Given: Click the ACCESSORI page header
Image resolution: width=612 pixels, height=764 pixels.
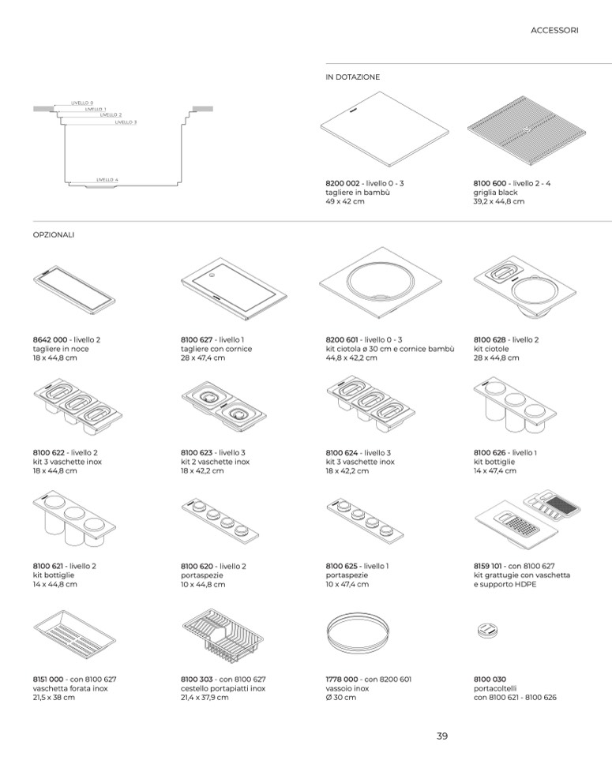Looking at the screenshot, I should click(x=554, y=31).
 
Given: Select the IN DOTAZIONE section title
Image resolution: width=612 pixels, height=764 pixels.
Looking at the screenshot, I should click(x=352, y=77).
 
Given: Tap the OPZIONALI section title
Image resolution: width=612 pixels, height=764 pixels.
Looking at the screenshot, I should click(x=53, y=234).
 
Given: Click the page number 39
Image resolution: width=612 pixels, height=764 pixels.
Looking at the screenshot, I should click(x=442, y=736).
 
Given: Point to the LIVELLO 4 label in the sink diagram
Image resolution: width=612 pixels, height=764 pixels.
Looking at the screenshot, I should click(x=107, y=180).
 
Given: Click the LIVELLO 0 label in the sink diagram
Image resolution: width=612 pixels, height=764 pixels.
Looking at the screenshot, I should click(x=82, y=103).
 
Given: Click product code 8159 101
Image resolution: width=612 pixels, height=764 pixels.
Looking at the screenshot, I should click(x=491, y=566).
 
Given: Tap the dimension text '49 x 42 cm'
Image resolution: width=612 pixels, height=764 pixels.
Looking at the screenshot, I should click(x=345, y=202).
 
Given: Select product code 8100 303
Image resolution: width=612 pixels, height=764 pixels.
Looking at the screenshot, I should click(x=197, y=679).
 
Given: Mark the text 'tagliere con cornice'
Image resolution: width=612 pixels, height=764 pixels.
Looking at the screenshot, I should click(x=216, y=349).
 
